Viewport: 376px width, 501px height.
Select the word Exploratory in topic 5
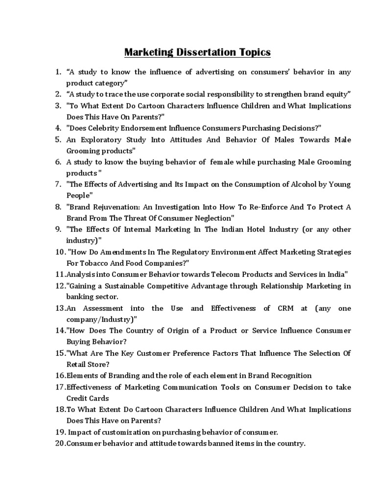pos(105,139)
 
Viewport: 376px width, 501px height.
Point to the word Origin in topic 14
pos(186,331)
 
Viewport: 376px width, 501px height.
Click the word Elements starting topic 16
pos(82,376)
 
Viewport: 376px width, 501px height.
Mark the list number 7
pos(57,184)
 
